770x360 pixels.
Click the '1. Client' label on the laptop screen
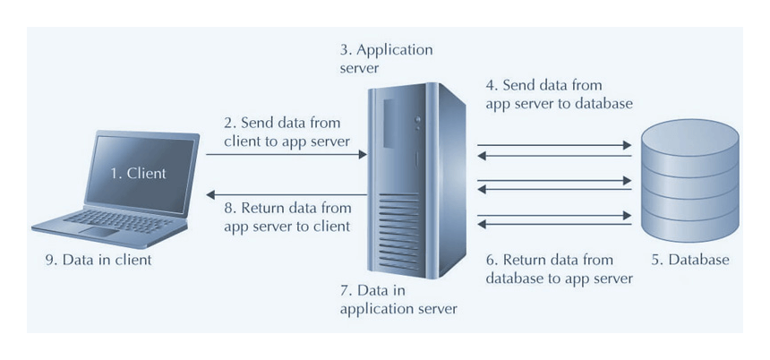[138, 174]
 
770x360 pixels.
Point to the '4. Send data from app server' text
[559, 94]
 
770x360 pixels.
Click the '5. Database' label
[689, 261]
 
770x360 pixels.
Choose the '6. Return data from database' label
[559, 269]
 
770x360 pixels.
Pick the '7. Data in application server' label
[399, 300]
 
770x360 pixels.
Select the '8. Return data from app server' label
[287, 218]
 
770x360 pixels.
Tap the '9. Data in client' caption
[98, 261]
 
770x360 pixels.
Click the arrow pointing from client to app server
[287, 154]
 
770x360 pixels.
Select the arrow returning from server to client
[287, 194]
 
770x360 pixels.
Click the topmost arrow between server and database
[555, 143]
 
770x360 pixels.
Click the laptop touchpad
[98, 231]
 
